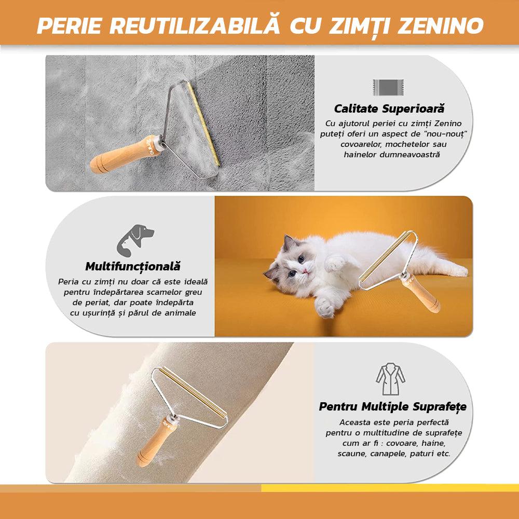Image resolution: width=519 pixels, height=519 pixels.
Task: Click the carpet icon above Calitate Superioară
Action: (x=388, y=87)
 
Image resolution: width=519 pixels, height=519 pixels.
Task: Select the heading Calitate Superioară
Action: (x=389, y=108)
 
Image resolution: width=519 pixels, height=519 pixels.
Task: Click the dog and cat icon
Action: (x=135, y=240)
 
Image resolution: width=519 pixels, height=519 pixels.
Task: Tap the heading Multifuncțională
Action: (x=133, y=267)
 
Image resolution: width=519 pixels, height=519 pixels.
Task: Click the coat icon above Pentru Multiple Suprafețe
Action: (x=391, y=379)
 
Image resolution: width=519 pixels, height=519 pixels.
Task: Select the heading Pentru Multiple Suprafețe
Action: (x=392, y=407)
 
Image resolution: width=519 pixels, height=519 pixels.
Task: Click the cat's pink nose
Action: (x=305, y=272)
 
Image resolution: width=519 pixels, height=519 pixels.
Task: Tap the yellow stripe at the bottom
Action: (x=390, y=488)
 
